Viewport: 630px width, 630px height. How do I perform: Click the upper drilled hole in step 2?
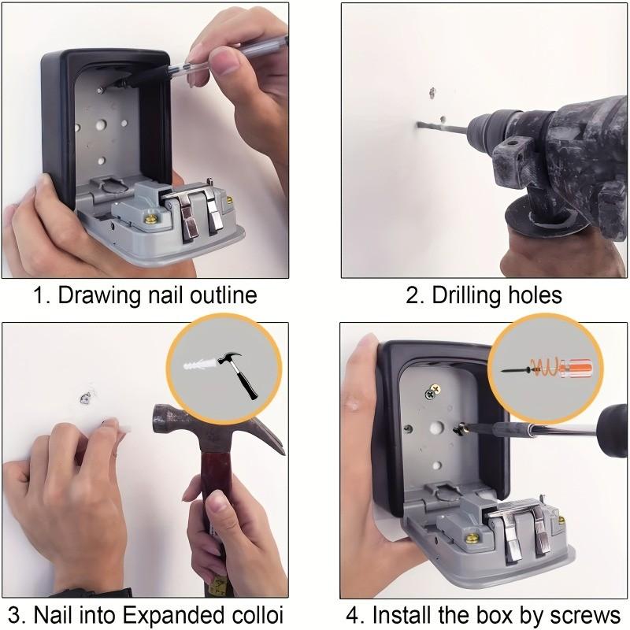432,93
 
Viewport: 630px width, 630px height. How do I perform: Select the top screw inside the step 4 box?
432,391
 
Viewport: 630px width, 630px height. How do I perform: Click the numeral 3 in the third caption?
14,614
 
